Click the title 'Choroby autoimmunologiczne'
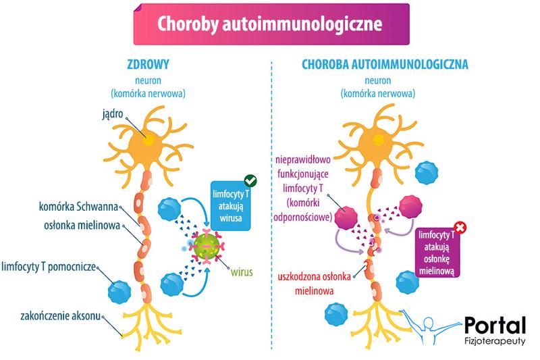coord(270,24)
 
